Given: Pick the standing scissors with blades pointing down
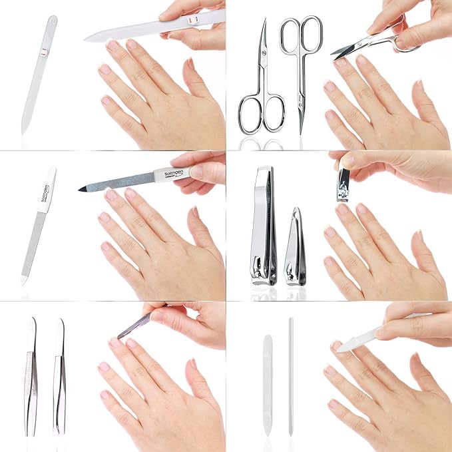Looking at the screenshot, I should click(x=300, y=73).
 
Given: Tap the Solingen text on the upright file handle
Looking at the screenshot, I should click(x=46, y=192).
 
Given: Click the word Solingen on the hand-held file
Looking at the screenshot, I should click(x=172, y=174).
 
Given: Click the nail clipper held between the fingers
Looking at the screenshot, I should click(x=344, y=182).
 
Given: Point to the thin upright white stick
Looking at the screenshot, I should click(x=291, y=376).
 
